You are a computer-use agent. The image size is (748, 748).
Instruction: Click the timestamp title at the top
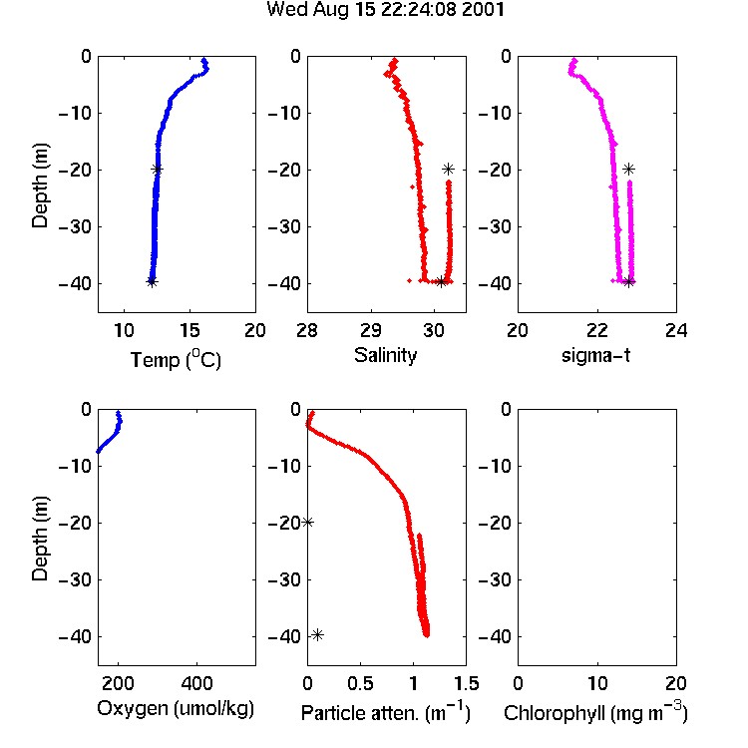[x=385, y=10]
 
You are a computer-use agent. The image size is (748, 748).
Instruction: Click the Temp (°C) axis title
[x=176, y=359]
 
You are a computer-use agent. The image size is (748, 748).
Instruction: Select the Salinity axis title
[x=385, y=355]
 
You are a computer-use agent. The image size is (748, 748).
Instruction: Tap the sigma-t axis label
[x=595, y=355]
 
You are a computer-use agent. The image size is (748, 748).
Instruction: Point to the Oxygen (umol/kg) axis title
[x=176, y=709]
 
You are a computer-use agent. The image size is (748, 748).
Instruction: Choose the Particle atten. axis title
[x=386, y=712]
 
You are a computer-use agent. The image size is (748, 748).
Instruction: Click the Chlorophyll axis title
[x=595, y=712]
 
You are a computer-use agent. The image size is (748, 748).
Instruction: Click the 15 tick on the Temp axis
[x=189, y=330]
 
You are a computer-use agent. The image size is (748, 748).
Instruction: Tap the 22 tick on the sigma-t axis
[x=596, y=330]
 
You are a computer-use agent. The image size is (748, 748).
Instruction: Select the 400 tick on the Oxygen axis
[x=196, y=683]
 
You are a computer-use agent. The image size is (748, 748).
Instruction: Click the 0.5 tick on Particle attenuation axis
[x=360, y=683]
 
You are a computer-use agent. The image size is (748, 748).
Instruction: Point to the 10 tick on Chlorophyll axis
[x=596, y=683]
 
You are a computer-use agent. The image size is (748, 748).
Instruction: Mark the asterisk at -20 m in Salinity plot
[x=448, y=169]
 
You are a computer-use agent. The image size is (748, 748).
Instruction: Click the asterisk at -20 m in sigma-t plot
[x=628, y=169]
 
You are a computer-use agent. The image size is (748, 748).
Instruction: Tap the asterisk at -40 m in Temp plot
[x=152, y=282]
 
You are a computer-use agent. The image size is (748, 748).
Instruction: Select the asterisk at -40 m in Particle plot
[x=318, y=635]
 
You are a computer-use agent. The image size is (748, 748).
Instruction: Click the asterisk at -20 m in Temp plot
[x=157, y=169]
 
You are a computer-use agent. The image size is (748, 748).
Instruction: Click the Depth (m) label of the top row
[x=40, y=186]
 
